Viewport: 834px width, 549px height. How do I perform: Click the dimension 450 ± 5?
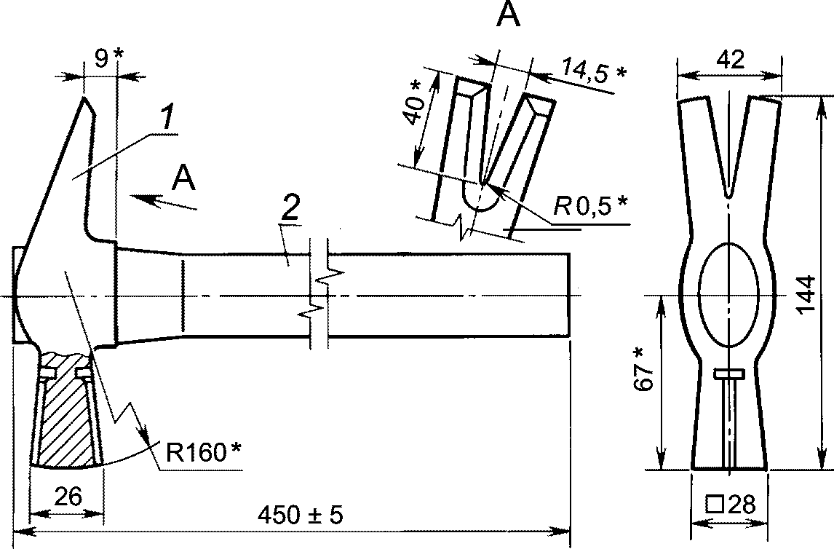[x=301, y=515]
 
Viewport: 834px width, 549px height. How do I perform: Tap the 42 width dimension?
[x=730, y=60]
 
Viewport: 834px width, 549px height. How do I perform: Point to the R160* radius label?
[x=203, y=453]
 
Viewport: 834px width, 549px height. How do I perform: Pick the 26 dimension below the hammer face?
[x=68, y=497]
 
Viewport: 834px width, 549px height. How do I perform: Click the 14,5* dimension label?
[x=594, y=69]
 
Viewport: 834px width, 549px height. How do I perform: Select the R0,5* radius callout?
[x=590, y=205]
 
